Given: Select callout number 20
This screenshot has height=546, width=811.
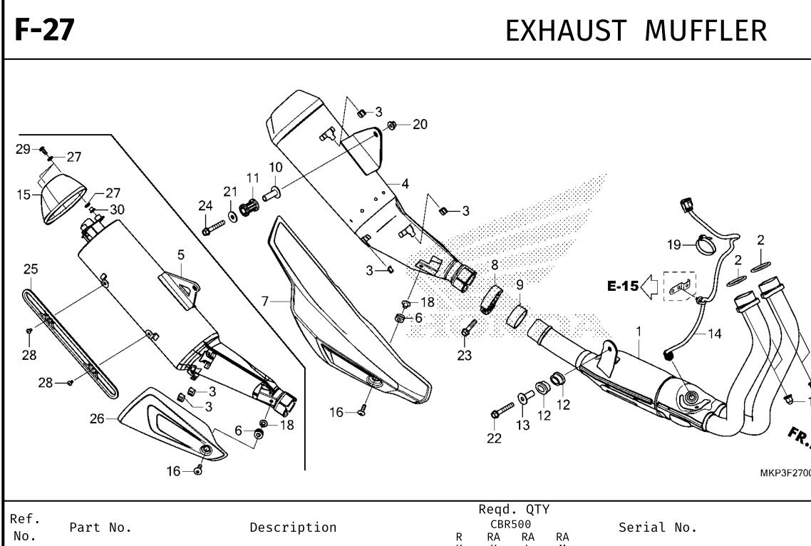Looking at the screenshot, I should pyautogui.click(x=420, y=125).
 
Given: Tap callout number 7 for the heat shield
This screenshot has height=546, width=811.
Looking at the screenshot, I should pyautogui.click(x=266, y=302).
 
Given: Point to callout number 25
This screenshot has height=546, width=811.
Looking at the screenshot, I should pyautogui.click(x=31, y=269).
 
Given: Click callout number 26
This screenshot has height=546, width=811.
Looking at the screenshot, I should pyautogui.click(x=97, y=419).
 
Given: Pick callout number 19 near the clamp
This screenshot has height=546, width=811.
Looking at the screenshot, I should pyautogui.click(x=674, y=246).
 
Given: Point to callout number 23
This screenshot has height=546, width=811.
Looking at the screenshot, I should pyautogui.click(x=465, y=356).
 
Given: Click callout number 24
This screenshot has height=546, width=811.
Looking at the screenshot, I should pyautogui.click(x=206, y=206).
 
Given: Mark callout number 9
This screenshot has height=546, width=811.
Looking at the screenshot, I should pyautogui.click(x=520, y=284).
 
